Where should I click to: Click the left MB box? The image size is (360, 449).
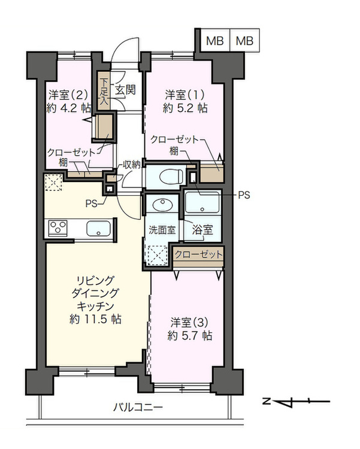(x=215, y=40)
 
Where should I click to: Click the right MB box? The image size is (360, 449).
(x=245, y=40)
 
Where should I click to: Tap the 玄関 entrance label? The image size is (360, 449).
(x=125, y=90)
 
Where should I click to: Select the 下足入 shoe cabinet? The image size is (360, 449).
(x=104, y=91)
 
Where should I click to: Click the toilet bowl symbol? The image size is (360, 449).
(x=171, y=177)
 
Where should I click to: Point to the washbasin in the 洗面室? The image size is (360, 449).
(x=162, y=205)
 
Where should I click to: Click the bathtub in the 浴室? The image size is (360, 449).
(x=202, y=202)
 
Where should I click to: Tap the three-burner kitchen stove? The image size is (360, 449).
(x=58, y=228)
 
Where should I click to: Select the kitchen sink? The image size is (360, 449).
(x=98, y=228)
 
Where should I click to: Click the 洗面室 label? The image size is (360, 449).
(x=162, y=230)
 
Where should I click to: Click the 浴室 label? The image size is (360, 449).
(x=202, y=230)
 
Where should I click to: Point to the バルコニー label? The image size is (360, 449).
(x=138, y=406)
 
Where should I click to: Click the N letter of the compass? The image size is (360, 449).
(x=267, y=401)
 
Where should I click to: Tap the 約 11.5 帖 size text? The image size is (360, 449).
(x=95, y=319)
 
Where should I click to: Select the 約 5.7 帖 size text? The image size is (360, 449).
(x=190, y=335)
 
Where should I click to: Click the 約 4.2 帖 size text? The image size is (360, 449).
(x=68, y=108)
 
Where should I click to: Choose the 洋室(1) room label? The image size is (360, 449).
(x=185, y=95)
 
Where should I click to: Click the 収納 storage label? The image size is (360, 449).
(x=132, y=165)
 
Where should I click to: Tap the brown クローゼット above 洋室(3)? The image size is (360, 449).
(x=199, y=254)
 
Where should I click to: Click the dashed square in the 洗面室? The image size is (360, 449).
(x=158, y=255)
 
